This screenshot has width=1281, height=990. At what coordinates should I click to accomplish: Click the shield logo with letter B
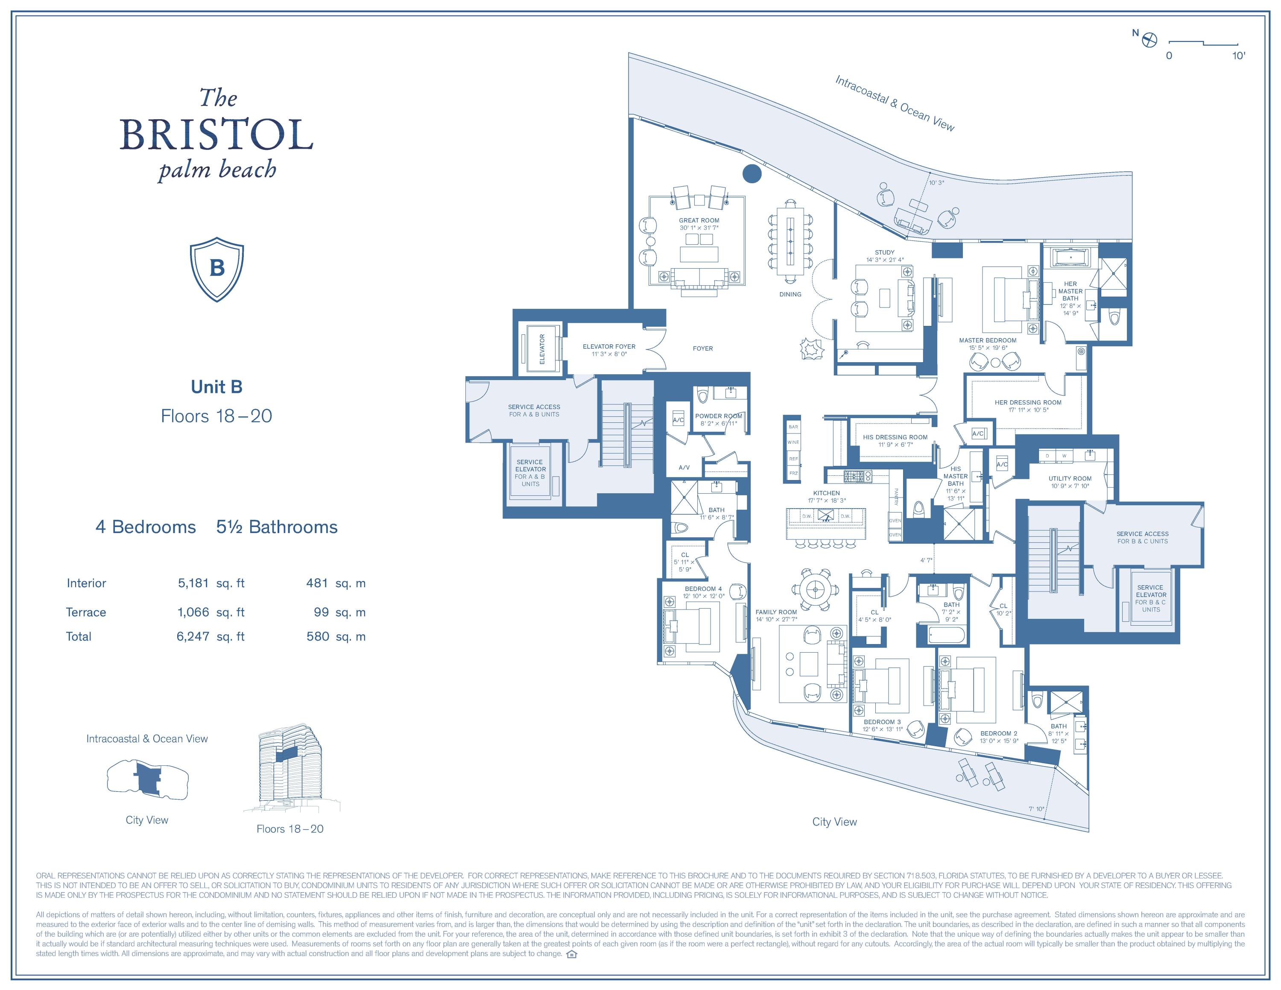(x=217, y=269)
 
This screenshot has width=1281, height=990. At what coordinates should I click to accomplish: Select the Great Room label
(x=699, y=220)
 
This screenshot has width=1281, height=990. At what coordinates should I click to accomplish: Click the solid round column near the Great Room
(x=752, y=173)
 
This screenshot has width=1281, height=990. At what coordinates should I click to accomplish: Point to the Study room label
(x=884, y=252)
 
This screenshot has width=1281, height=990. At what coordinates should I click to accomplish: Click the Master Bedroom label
(x=988, y=340)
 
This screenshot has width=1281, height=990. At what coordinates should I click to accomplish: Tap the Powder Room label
(x=719, y=416)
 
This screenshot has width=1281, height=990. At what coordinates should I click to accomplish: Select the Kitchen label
(x=826, y=493)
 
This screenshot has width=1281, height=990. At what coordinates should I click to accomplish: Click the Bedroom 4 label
(x=703, y=588)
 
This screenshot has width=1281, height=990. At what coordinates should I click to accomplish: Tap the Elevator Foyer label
(x=609, y=347)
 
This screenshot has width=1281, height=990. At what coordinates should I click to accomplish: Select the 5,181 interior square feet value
(x=193, y=583)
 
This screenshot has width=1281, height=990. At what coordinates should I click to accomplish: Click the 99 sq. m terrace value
(x=322, y=612)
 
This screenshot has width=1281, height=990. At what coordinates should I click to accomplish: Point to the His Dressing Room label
(x=895, y=437)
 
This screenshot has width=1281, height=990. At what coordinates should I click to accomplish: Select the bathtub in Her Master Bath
(x=1070, y=258)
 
